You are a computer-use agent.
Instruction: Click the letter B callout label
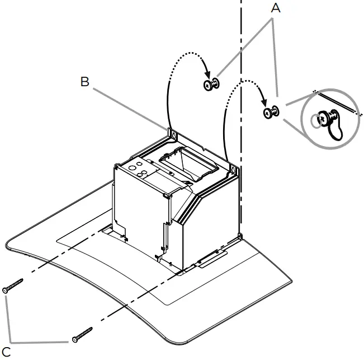point(85,82)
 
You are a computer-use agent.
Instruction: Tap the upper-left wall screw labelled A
point(211,85)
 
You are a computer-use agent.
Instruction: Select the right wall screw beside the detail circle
point(271,113)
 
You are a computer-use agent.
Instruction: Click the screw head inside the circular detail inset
point(323,119)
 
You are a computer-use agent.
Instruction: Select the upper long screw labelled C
point(13,284)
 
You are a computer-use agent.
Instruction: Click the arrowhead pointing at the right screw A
point(264,104)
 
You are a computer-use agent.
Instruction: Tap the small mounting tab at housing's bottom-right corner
point(240,238)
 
